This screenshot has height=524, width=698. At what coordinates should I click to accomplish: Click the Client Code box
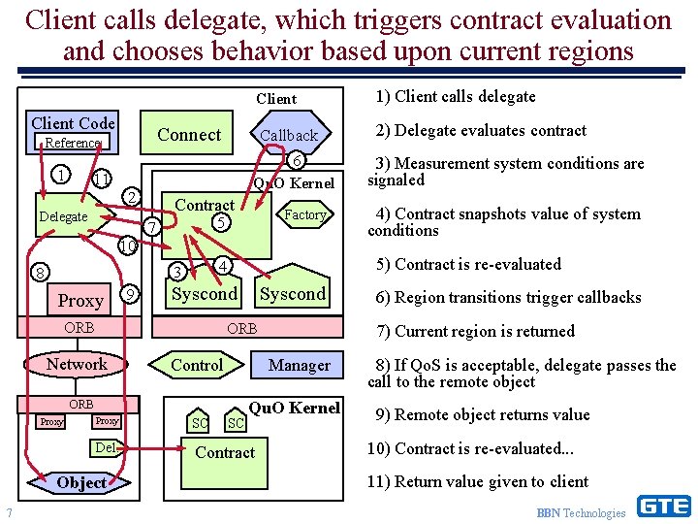(x=73, y=123)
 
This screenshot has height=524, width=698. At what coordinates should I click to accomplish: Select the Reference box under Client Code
(x=73, y=143)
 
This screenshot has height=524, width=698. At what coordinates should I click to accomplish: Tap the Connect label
(x=189, y=135)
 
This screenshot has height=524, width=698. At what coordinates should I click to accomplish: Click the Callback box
(x=289, y=136)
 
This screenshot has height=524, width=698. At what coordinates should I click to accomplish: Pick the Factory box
(x=305, y=214)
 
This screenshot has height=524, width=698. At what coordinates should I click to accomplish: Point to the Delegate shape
(x=63, y=217)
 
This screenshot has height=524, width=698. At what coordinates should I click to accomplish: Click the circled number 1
(x=61, y=175)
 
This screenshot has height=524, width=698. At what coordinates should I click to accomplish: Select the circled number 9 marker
(x=131, y=294)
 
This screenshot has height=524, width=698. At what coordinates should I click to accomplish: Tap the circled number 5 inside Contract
(x=221, y=222)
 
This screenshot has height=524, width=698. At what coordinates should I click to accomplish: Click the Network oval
(x=78, y=365)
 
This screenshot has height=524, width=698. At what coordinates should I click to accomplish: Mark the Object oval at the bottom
(x=81, y=482)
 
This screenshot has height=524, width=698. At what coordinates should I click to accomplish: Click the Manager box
(x=299, y=365)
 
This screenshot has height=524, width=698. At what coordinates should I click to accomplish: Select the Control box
(x=196, y=365)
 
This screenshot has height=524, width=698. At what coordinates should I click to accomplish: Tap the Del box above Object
(x=106, y=447)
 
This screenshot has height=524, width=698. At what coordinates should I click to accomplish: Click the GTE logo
(x=663, y=507)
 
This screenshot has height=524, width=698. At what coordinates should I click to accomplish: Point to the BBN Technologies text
(x=581, y=512)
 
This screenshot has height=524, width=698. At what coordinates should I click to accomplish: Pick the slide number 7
(x=9, y=512)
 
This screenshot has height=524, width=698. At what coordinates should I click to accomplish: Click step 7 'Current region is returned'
(x=475, y=331)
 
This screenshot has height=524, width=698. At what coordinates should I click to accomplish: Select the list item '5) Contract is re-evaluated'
(x=468, y=264)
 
